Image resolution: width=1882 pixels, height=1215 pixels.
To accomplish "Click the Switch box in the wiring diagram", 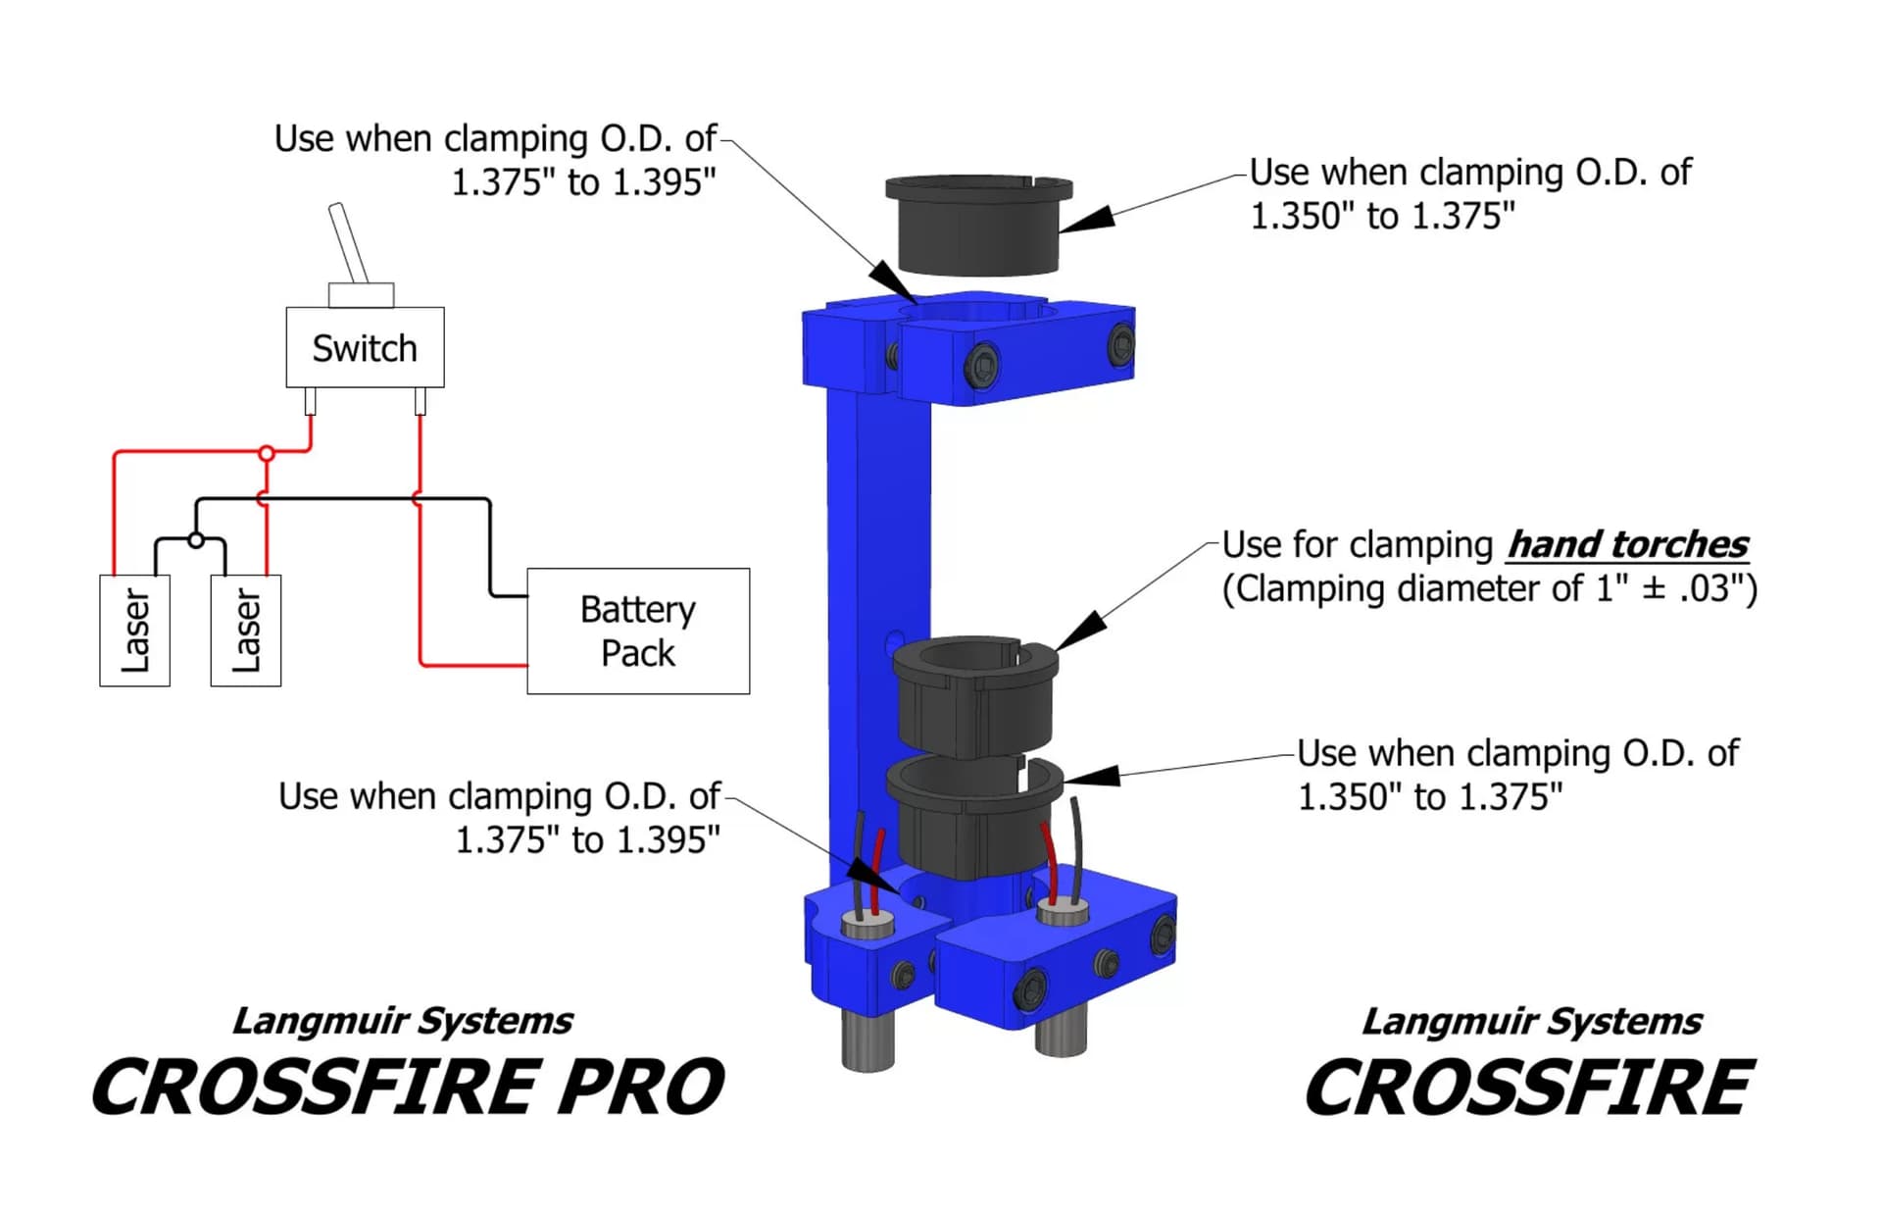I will pos(365,347).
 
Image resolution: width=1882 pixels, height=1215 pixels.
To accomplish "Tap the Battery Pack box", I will pos(638,631).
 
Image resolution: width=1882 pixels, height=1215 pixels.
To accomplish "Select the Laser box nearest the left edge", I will pos(135,631).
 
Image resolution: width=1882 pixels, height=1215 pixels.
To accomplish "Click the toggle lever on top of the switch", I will pos(348,242).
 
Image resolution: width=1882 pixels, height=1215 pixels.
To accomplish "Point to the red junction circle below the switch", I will pos(267,453).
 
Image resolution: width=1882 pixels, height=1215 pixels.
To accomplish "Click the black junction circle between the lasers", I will pos(196,539).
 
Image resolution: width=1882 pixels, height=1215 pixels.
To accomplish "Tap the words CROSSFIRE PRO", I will pos(408,1088).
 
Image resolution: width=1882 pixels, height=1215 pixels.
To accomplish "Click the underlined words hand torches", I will pos(1627,544).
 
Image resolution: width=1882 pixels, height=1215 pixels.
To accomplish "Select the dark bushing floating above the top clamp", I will pos(978,226).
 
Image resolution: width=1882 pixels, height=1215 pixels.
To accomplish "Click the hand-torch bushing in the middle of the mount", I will pos(975,696).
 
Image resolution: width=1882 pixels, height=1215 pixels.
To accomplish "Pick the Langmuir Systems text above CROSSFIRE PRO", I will pos(403,1021).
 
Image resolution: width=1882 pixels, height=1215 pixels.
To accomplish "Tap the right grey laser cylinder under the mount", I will pos(1061,1035).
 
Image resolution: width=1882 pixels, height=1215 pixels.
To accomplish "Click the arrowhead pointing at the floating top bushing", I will pos(1088,220).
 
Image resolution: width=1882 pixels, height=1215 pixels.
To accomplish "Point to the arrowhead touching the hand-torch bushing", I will pos(1081,631).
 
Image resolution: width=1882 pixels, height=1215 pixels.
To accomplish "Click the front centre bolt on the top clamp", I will pos(981,365).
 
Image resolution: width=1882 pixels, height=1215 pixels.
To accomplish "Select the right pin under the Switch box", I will pos(421,401).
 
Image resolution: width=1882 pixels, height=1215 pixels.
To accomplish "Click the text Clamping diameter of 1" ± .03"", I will pos(1489,588).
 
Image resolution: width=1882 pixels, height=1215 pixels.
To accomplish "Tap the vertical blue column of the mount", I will pos(877,588).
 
